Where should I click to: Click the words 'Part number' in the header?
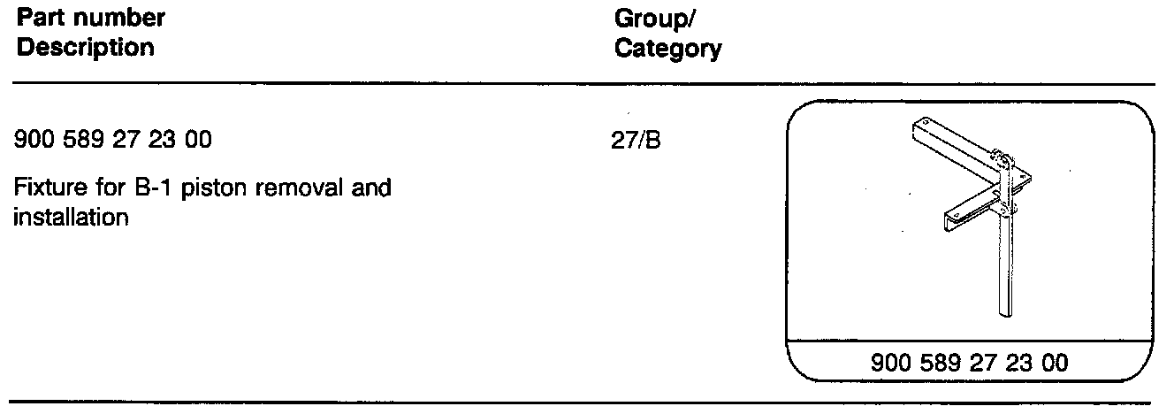pos(90,17)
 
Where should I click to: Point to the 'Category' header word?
pos(667,49)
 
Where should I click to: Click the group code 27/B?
pos(636,141)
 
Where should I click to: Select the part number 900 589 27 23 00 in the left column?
pos(113,141)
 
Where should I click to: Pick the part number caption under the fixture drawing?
pos(970,362)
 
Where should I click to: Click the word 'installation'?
pos(71,217)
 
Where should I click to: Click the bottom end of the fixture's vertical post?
pos(1005,311)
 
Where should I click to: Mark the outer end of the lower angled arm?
pos(948,216)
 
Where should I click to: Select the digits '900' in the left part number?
pos(34,141)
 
